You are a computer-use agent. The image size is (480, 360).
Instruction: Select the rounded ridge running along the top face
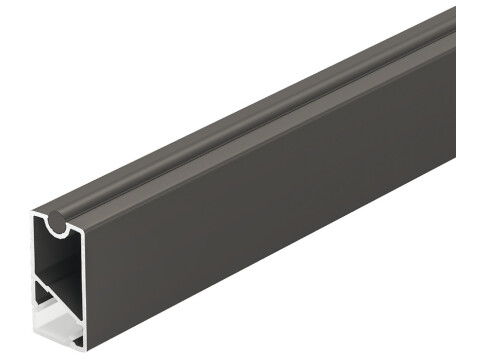pyautogui.click(x=250, y=120)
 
